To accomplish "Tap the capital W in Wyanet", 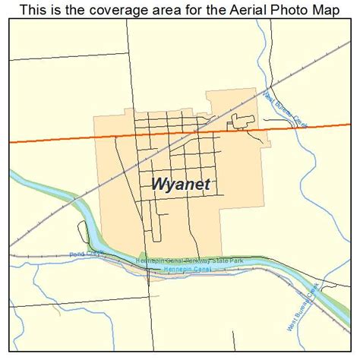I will click(157, 185).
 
